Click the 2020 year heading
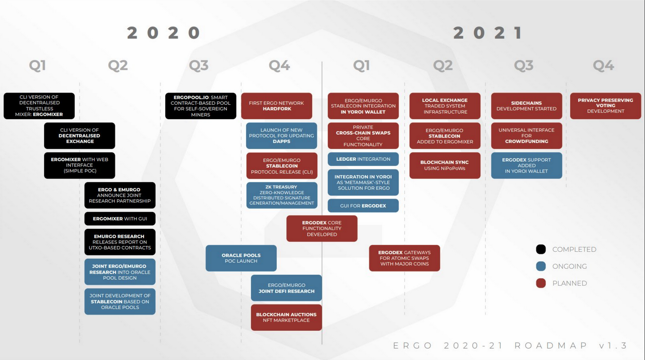[x=163, y=33]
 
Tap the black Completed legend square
[x=541, y=249]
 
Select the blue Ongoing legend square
[x=541, y=266]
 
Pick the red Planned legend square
[x=541, y=283]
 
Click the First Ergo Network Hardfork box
[x=277, y=106]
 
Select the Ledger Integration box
[x=363, y=159]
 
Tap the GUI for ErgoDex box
[x=363, y=206]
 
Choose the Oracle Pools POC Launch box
[x=241, y=258]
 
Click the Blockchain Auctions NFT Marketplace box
[x=286, y=317]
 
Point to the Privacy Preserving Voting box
[x=605, y=106]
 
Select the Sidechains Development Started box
[x=526, y=106]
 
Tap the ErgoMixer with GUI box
[x=120, y=219]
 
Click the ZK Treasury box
[x=282, y=195]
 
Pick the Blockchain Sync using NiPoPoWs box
[x=445, y=165]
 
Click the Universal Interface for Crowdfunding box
[x=526, y=136]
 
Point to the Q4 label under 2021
[x=603, y=66]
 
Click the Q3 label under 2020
[x=199, y=66]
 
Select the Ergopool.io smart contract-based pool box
[x=201, y=106]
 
